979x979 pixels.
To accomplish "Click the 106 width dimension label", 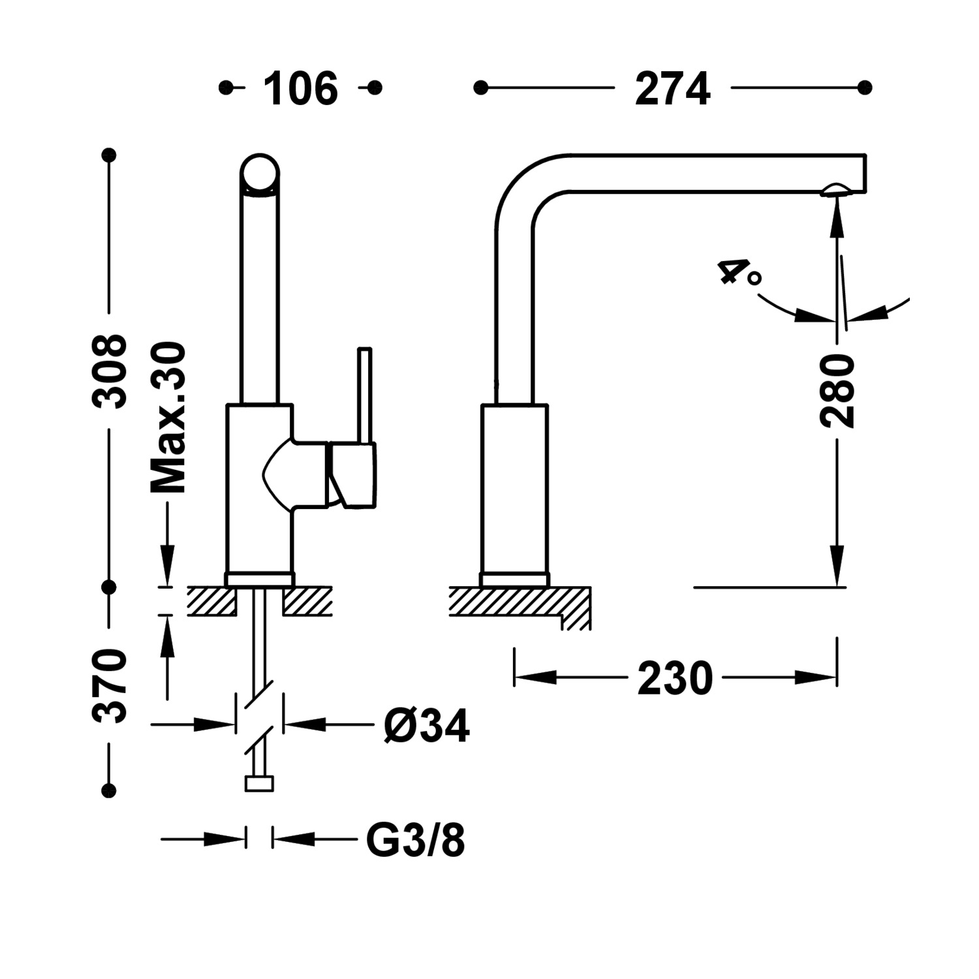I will coord(300,89).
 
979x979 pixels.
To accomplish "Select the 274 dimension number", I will coord(672,89).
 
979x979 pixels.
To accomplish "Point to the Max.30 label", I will coord(168,418).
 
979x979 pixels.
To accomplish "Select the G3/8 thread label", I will coord(416,840).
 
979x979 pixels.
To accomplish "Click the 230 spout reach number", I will coord(675,679).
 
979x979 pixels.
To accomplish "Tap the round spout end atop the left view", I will coord(260,174).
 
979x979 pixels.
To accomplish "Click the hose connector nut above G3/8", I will coord(259,783).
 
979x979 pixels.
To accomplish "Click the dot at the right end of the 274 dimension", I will coord(865,87).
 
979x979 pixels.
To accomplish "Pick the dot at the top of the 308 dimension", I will coord(109,155).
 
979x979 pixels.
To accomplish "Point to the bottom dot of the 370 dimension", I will coord(109,791).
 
